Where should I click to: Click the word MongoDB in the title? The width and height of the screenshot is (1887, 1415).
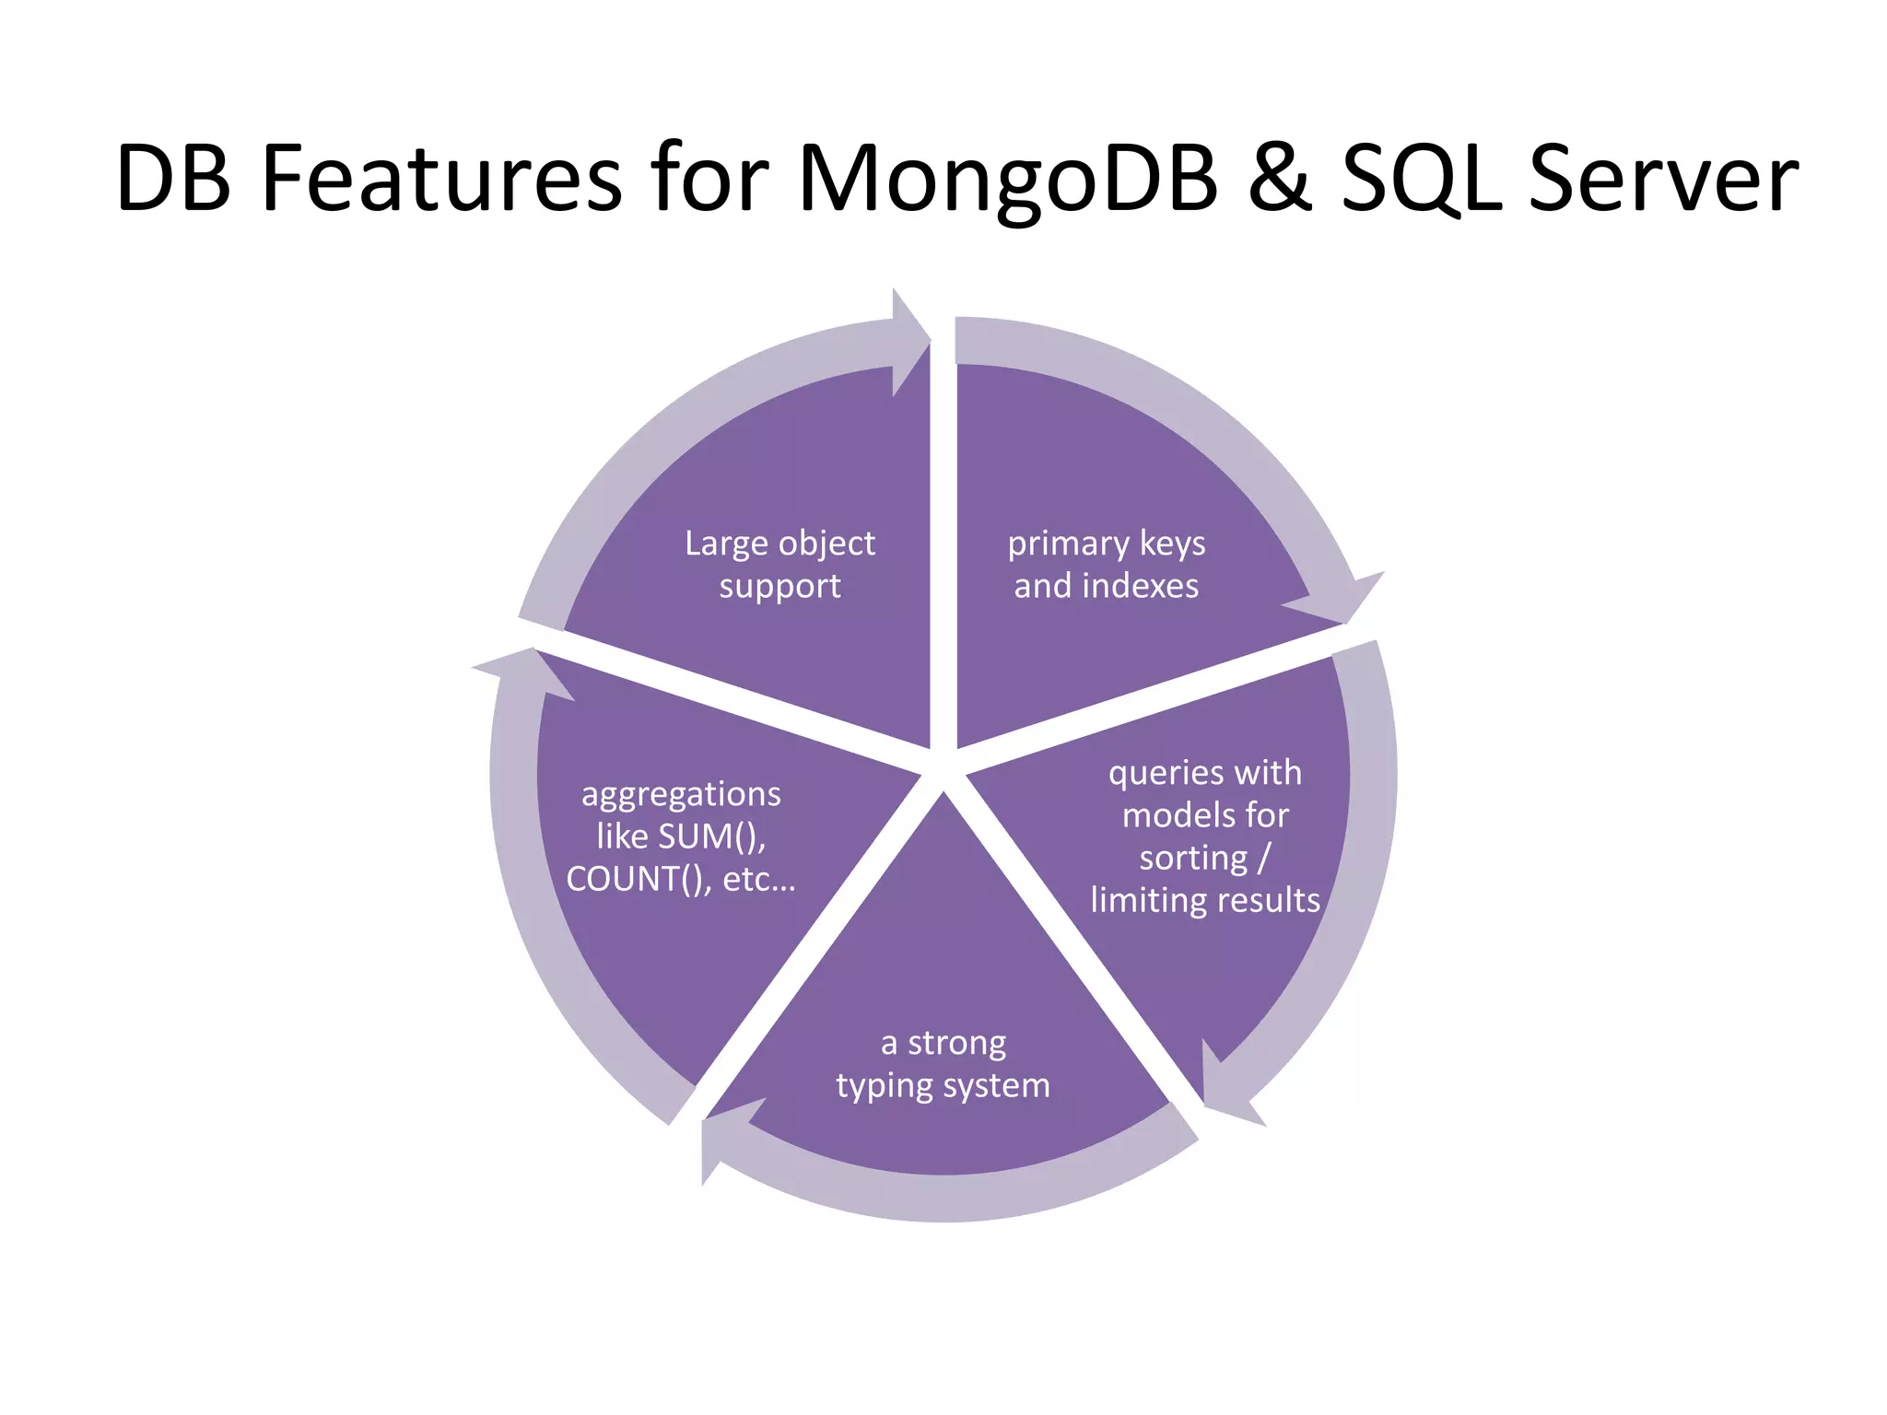[x=1008, y=180]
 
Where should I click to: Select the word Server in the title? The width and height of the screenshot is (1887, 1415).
[x=1662, y=180]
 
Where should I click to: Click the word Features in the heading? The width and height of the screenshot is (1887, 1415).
[x=442, y=180]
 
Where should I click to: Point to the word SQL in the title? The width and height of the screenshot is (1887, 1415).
[x=1420, y=180]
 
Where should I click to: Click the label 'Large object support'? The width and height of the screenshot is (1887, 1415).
[x=779, y=564]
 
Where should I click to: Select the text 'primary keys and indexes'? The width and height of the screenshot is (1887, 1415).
[x=1106, y=564]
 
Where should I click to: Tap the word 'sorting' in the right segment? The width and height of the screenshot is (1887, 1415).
[x=1192, y=858]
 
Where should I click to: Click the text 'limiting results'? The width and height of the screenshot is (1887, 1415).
[x=1205, y=900]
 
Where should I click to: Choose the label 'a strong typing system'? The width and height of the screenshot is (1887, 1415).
[x=943, y=1063]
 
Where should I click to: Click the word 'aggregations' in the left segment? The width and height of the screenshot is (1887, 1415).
[x=681, y=793]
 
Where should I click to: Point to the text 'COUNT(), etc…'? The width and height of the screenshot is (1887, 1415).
[x=681, y=879]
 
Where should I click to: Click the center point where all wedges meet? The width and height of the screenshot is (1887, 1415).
[x=943, y=772]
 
